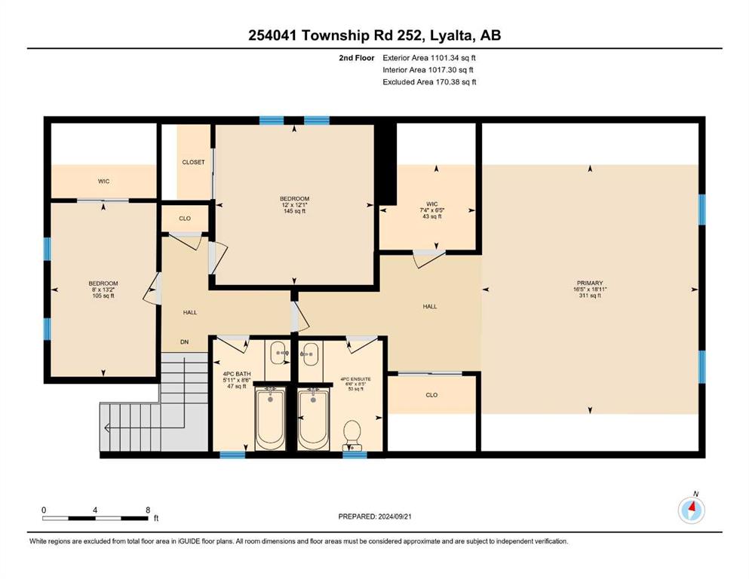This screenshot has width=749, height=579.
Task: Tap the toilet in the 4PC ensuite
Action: coord(352,433)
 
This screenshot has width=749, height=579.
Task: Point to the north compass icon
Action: coord(691,510)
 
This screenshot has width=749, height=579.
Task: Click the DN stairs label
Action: coord(184,342)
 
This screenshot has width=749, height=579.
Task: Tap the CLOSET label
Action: coord(193,162)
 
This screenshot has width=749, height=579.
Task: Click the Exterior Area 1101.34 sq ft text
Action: coord(429,58)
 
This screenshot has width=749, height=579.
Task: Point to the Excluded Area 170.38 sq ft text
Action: coord(429,81)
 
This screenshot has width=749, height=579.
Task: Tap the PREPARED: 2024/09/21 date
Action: coord(375,516)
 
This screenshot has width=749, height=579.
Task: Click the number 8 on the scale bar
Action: coord(148,510)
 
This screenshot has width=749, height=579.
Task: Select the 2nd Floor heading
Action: coord(357,58)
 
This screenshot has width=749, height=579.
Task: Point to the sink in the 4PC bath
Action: coord(278,354)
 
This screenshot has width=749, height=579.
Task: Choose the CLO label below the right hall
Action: coord(431,395)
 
